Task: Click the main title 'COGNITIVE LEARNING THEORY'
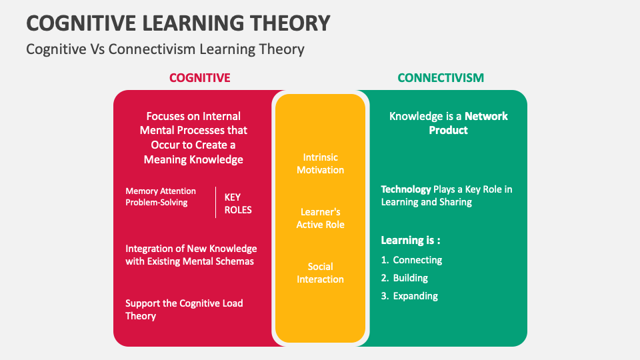178,23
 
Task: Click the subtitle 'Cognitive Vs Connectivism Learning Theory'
165,49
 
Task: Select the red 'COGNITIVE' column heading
199,78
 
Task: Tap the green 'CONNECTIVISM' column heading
441,78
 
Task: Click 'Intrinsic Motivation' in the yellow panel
320,163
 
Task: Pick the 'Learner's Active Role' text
320,218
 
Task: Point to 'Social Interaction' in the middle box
320,273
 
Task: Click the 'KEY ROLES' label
237,203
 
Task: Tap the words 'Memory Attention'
161,191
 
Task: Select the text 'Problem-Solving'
157,203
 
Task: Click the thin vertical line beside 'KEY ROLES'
216,202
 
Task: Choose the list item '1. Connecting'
411,260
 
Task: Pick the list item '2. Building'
405,278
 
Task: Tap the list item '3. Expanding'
409,296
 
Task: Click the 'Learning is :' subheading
411,240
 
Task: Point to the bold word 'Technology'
406,189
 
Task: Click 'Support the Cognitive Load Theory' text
184,309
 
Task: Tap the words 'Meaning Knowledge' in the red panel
193,159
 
